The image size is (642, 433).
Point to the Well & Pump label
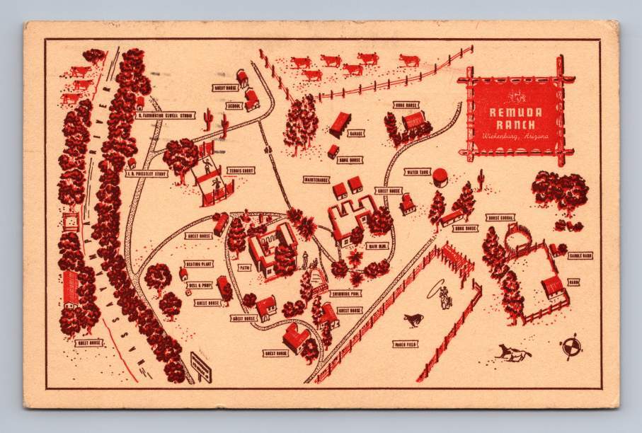coord(200,285)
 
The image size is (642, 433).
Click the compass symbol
coord(571,347)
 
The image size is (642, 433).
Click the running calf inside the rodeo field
coord(411,321)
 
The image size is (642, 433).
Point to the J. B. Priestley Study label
coord(146,173)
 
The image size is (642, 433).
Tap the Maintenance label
coord(316,180)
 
